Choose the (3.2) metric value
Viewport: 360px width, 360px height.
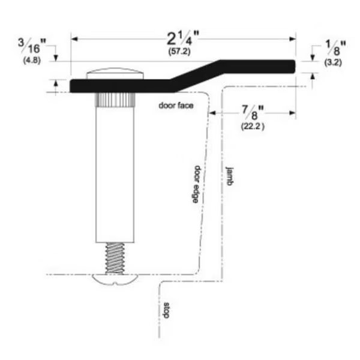click(x=329, y=62)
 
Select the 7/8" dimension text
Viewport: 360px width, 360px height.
click(x=252, y=112)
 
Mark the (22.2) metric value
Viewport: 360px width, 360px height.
click(x=253, y=126)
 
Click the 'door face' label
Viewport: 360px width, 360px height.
click(x=174, y=106)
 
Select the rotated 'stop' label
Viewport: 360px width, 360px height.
click(x=167, y=311)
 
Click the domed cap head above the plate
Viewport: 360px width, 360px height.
click(x=116, y=75)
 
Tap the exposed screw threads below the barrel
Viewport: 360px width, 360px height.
click(x=115, y=256)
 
